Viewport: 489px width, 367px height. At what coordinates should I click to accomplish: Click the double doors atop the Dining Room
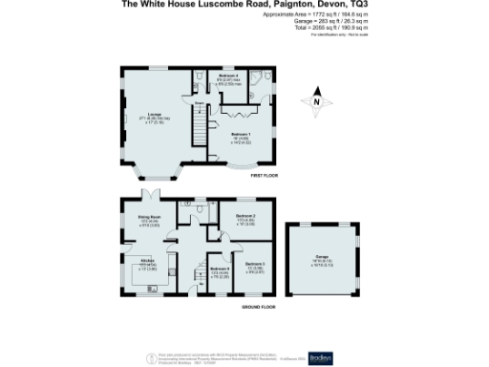[x=149, y=197]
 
